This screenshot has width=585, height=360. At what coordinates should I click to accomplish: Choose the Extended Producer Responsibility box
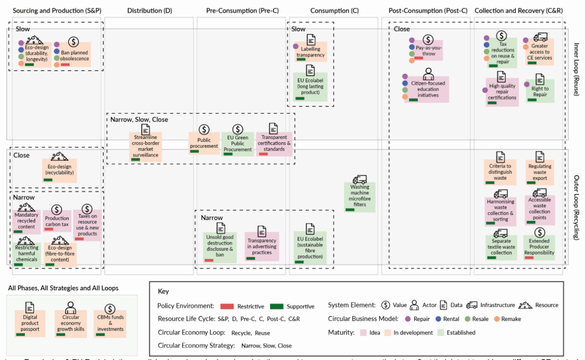tap(539, 247)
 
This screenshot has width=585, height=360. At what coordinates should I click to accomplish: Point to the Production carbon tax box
tap(57, 221)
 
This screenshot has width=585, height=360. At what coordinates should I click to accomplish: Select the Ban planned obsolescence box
tap(73, 55)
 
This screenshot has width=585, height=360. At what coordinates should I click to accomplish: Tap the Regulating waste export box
tap(540, 172)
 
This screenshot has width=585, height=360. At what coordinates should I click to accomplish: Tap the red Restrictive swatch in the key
tap(227, 306)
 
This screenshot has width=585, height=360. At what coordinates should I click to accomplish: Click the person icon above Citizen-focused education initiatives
tap(429, 74)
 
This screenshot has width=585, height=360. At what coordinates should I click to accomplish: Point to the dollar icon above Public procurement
tap(204, 130)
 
